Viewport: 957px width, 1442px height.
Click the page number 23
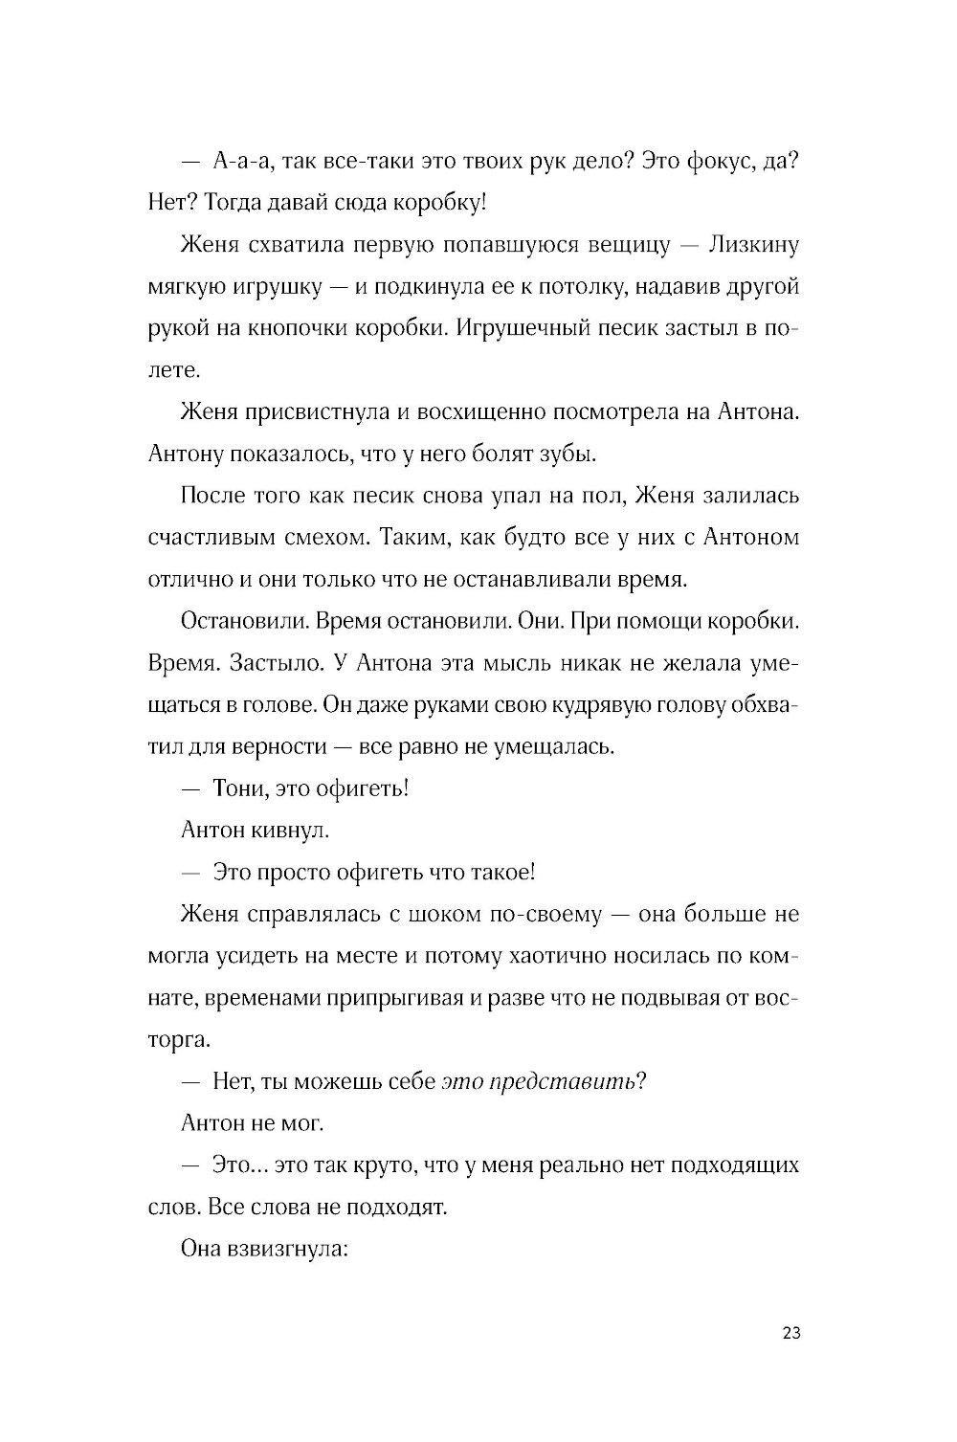tap(790, 1334)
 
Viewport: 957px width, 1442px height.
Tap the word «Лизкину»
tap(753, 245)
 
